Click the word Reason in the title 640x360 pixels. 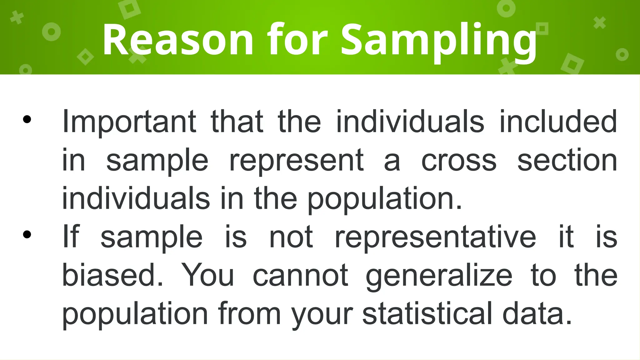[178, 40]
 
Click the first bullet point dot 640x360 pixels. [27, 119]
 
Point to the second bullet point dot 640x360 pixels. [27, 234]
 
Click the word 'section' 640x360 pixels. [567, 160]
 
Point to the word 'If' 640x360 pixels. [71, 237]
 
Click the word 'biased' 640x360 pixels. [112, 275]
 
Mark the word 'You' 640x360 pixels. [208, 275]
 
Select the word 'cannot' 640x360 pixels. [300, 275]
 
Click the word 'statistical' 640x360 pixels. [427, 313]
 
